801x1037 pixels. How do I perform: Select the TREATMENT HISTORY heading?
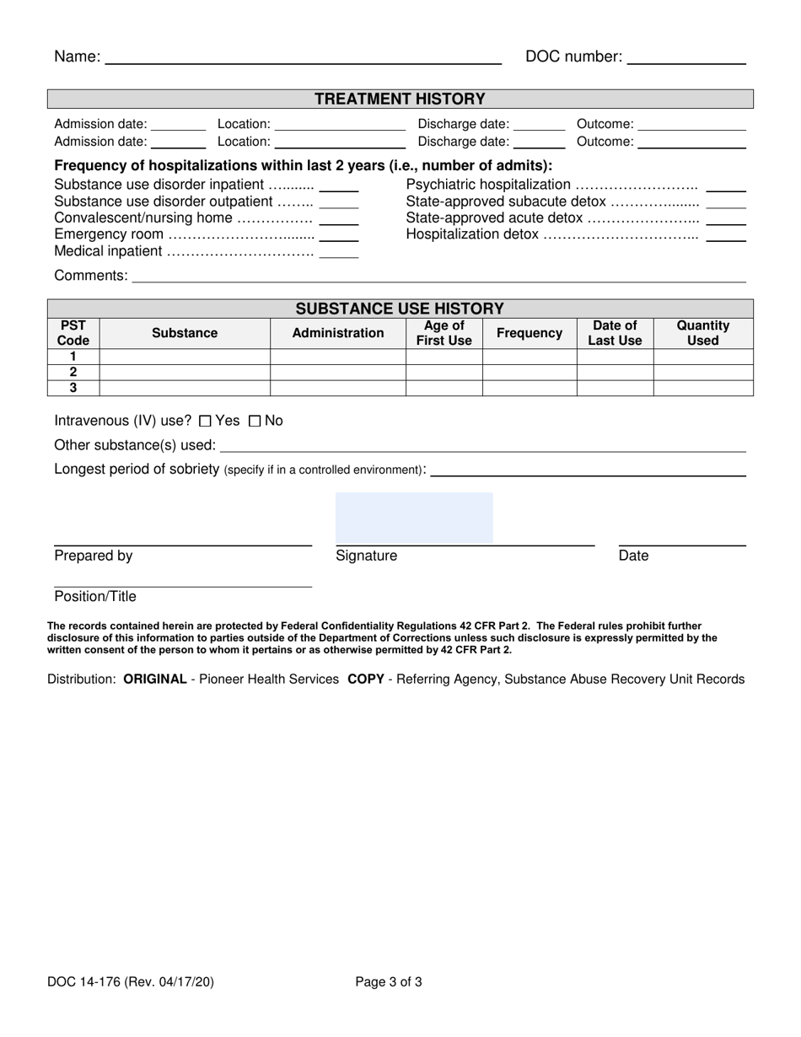click(400, 99)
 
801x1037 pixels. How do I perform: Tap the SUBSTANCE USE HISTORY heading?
click(400, 308)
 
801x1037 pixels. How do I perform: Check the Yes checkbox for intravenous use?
click(205, 421)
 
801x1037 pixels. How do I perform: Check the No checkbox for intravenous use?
click(255, 421)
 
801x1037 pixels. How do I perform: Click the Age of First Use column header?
click(444, 333)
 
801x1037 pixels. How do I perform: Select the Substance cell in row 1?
click(185, 357)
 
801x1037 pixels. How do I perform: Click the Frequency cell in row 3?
click(530, 388)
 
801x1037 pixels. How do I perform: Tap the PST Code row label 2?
click(73, 372)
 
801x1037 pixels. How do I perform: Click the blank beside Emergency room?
click(339, 236)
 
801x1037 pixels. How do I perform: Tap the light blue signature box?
click(414, 518)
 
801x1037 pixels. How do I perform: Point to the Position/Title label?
click(95, 596)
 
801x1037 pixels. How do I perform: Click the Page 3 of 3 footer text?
click(389, 981)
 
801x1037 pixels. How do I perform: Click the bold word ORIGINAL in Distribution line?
click(155, 679)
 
